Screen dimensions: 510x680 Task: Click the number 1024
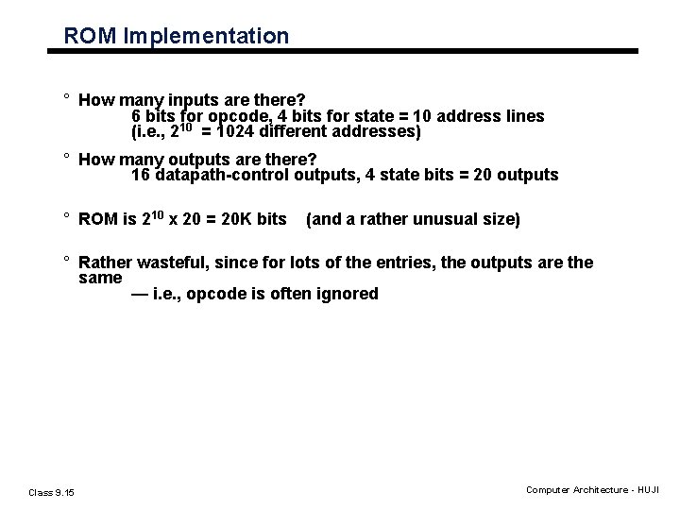(240, 132)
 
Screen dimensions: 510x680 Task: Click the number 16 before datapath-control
(141, 175)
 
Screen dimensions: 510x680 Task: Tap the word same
(100, 278)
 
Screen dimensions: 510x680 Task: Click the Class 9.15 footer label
(52, 491)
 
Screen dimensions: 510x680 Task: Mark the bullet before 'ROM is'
(68, 218)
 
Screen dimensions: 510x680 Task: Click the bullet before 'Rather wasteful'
(68, 262)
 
